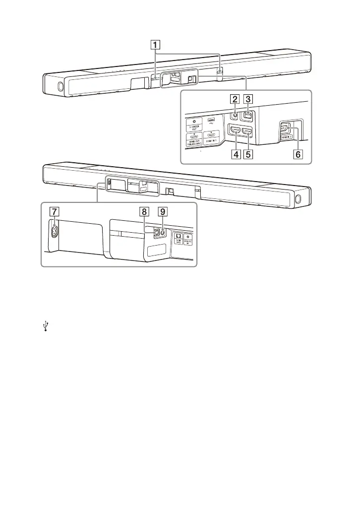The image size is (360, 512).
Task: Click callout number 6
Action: click(298, 154)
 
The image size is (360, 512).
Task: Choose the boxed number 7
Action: click(53, 210)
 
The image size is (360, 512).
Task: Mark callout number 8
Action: click(144, 210)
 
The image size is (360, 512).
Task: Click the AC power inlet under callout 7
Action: click(54, 231)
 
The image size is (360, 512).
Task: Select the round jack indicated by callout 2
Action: click(235, 116)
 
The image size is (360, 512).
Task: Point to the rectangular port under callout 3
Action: click(248, 115)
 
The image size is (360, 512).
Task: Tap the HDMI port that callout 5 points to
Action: click(246, 132)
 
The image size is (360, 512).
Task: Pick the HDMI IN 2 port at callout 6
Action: click(284, 128)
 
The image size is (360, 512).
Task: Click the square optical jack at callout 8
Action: click(155, 231)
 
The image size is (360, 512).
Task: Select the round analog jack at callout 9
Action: click(162, 231)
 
